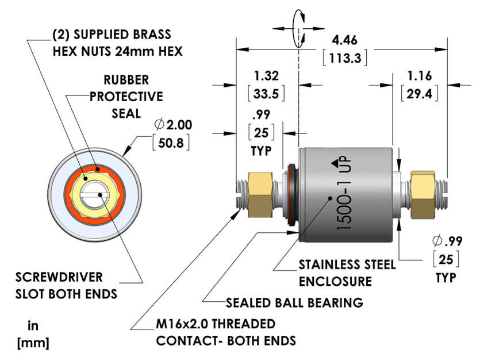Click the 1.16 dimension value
420,76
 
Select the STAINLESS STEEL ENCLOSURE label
347,273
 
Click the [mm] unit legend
33,343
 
